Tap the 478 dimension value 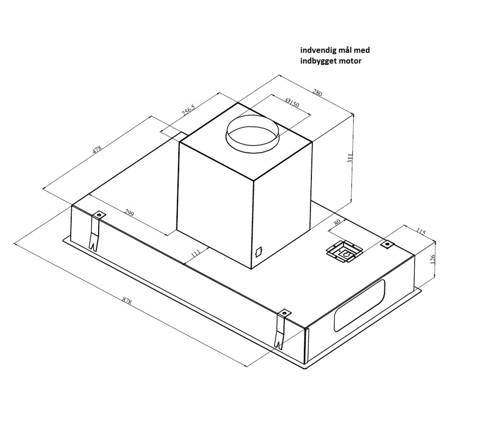pyautogui.click(x=97, y=149)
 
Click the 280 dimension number pyautogui.click(x=317, y=93)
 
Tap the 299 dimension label pyautogui.click(x=129, y=213)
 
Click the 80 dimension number pyautogui.click(x=337, y=222)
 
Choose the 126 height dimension pyautogui.click(x=433, y=259)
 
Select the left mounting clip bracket pyautogui.click(x=95, y=231)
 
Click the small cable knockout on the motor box pyautogui.click(x=259, y=252)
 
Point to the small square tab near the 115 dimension pyautogui.click(x=387, y=244)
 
